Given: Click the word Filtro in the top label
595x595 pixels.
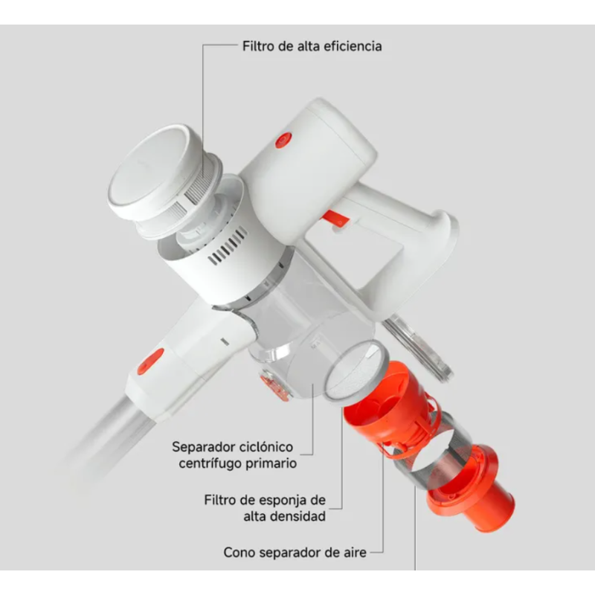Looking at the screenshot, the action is click(258, 46).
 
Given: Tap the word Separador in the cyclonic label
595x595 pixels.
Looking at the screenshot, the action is click(200, 447).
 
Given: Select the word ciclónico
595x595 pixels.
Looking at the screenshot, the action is click(263, 447).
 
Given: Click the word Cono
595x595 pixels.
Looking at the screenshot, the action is click(238, 553).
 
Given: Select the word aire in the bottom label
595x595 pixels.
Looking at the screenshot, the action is click(355, 553).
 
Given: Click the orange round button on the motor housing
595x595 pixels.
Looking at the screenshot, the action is click(283, 140).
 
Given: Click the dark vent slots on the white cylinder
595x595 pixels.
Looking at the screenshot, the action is click(228, 246).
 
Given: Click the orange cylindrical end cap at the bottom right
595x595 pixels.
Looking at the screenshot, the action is click(471, 489).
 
